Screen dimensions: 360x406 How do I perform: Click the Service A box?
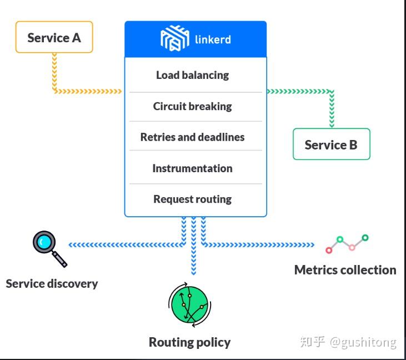pyautogui.click(x=54, y=37)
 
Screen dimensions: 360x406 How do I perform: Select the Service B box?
pyautogui.click(x=331, y=144)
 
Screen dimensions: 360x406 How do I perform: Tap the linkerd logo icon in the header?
pyautogui.click(x=174, y=39)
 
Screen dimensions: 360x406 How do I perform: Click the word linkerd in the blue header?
pyautogui.click(x=213, y=39)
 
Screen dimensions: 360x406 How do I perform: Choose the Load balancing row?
pyautogui.click(x=192, y=75)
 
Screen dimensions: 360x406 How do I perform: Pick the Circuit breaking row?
pyautogui.click(x=192, y=106)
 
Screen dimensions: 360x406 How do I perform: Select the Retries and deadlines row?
pyautogui.click(x=192, y=137)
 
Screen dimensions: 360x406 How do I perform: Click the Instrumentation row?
pyautogui.click(x=192, y=168)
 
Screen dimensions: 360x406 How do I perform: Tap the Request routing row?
pyautogui.click(x=192, y=199)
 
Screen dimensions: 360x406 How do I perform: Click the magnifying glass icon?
pyautogui.click(x=48, y=248)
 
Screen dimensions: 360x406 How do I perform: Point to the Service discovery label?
pyautogui.click(x=52, y=283)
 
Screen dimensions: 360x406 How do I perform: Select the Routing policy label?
pyautogui.click(x=189, y=342)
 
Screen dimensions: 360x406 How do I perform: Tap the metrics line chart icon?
pyautogui.click(x=347, y=243)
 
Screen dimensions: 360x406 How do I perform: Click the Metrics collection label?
pyautogui.click(x=345, y=270)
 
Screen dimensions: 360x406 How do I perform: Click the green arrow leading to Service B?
pyautogui.click(x=300, y=91)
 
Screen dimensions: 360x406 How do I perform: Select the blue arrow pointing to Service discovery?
pyautogui.click(x=125, y=244)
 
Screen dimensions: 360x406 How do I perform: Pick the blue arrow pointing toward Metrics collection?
pyautogui.click(x=258, y=244)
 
